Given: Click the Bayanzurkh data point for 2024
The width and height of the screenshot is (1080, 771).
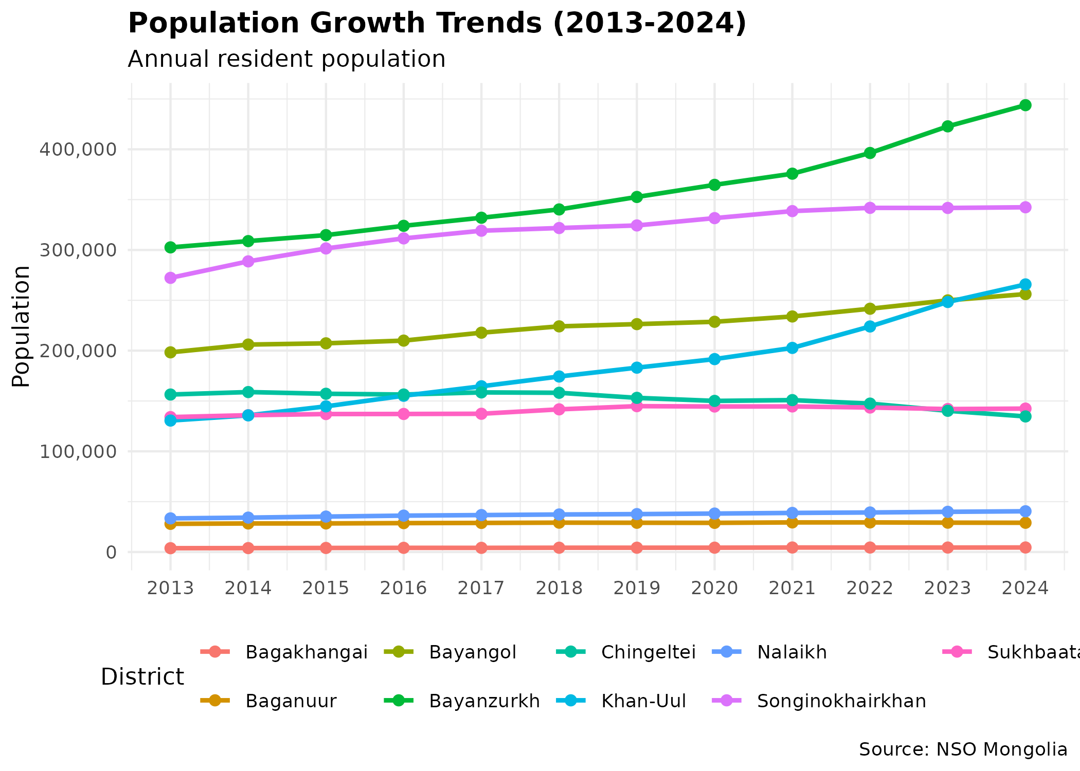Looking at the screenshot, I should click(1025, 105).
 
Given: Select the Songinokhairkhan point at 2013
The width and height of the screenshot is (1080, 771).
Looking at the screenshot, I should click(170, 278).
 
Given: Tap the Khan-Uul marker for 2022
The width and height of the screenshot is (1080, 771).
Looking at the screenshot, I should click(870, 326).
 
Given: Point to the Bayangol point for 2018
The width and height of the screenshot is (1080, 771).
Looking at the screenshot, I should click(559, 326).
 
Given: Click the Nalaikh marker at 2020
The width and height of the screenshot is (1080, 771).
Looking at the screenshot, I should click(714, 513).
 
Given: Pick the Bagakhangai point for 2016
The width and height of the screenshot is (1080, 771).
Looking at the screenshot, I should click(404, 548).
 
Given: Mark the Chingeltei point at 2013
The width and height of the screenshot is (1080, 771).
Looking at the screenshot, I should click(170, 395).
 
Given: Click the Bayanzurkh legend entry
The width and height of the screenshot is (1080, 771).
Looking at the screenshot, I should click(484, 701).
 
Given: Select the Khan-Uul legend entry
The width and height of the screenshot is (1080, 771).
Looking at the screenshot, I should click(643, 701).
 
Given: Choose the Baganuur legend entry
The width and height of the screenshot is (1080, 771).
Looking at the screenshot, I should click(291, 701).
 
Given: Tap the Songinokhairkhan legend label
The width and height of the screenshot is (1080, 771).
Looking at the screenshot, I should click(841, 701).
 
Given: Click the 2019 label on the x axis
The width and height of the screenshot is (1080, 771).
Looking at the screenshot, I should click(637, 588).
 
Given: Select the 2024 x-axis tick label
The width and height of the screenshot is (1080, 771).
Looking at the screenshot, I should click(1025, 588).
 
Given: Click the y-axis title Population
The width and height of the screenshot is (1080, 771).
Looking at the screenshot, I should click(22, 326).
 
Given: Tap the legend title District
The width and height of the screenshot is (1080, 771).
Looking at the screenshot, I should click(142, 677).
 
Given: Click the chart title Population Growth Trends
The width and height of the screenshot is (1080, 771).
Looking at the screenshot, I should click(437, 24).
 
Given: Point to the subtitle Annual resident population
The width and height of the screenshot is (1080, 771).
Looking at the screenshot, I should click(286, 59).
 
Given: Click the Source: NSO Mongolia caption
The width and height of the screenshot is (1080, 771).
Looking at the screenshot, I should click(963, 749).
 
